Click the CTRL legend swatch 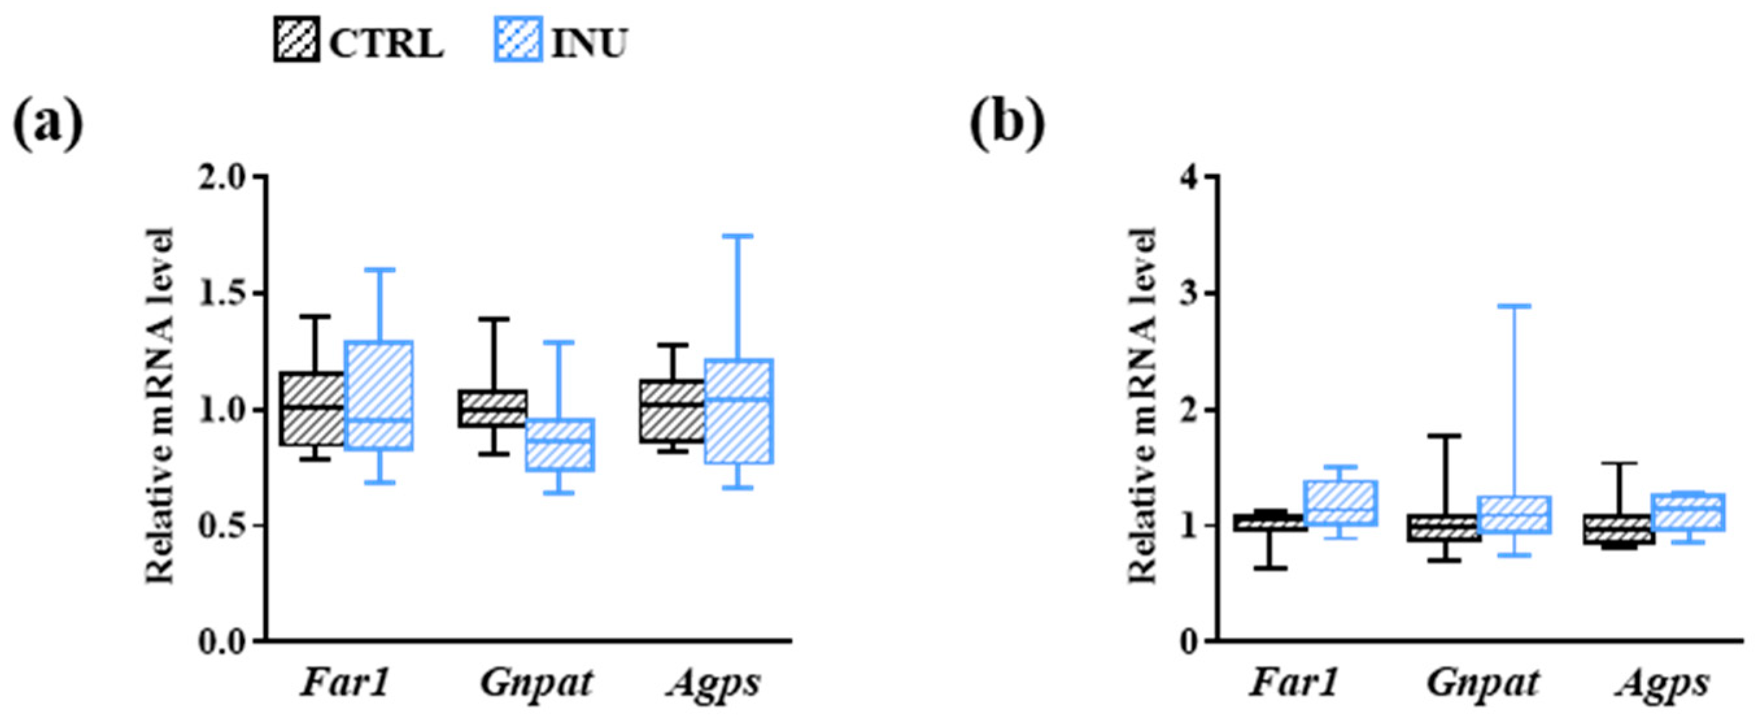[296, 40]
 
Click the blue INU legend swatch [518, 40]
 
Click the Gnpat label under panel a [536, 684]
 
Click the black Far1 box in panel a [314, 408]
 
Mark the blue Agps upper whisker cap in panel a [739, 236]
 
